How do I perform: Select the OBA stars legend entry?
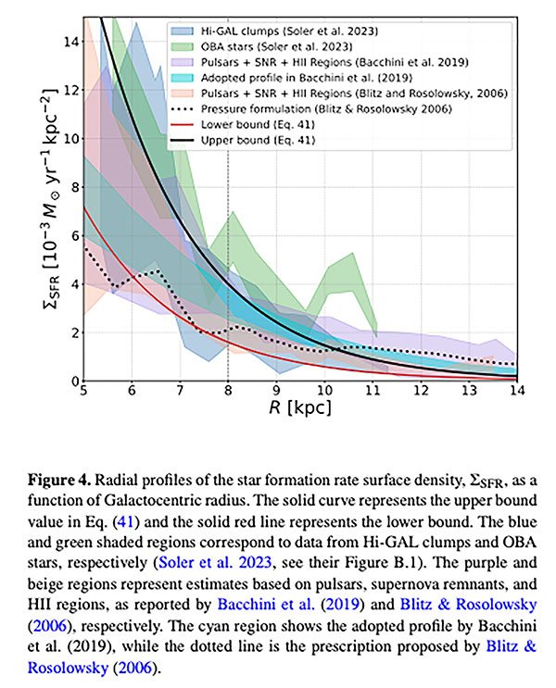(259, 46)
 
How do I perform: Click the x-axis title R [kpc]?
(298, 407)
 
